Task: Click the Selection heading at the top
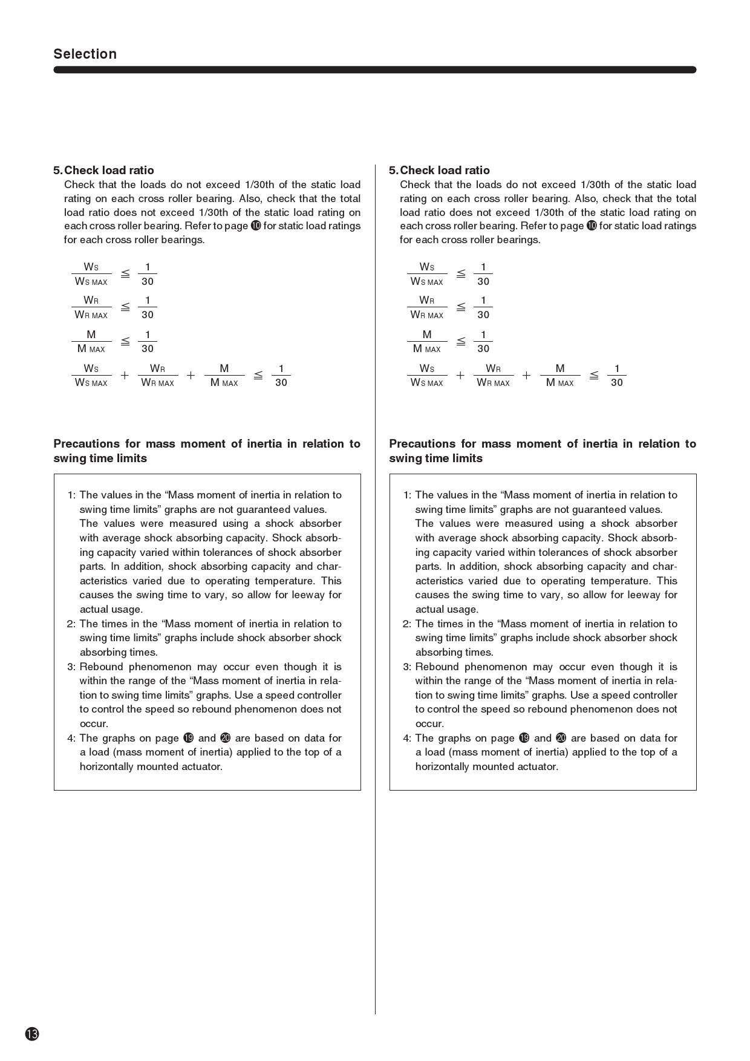(x=85, y=54)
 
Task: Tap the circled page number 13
(x=32, y=1034)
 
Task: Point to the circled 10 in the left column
(x=256, y=226)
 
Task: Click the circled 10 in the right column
(x=592, y=226)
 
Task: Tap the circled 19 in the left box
(x=189, y=738)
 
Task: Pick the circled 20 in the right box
(x=561, y=738)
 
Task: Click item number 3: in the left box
(x=71, y=667)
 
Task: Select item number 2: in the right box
(x=407, y=624)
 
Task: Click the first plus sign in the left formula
(x=125, y=376)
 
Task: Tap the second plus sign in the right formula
(x=527, y=376)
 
